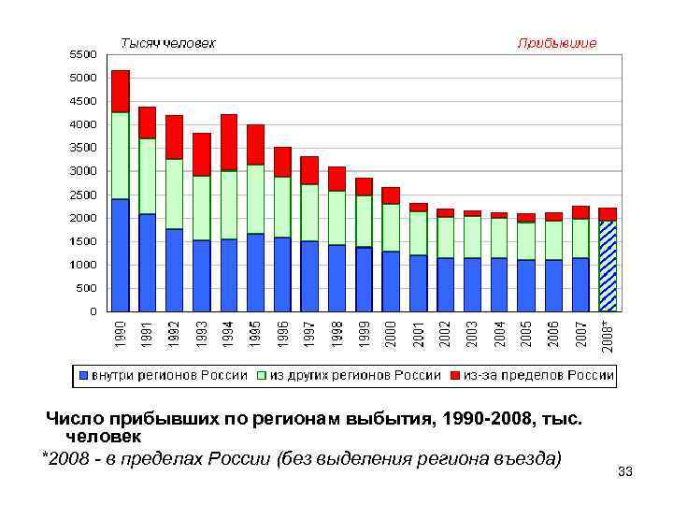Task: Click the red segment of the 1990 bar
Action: tap(120, 91)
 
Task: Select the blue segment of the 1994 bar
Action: tap(228, 274)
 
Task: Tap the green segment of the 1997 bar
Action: tap(309, 212)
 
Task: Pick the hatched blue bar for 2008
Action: tap(608, 265)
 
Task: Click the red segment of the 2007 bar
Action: tap(580, 212)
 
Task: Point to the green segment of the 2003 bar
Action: tap(472, 237)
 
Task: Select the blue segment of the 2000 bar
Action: tap(391, 281)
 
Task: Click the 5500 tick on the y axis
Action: tap(83, 54)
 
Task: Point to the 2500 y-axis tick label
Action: tap(83, 195)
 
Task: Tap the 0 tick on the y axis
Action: tap(93, 311)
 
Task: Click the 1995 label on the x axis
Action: tap(255, 333)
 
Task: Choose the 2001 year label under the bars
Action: tap(418, 333)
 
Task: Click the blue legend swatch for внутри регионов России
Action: tap(84, 376)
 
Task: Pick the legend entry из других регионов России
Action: tap(355, 375)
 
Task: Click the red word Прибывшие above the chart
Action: tap(557, 43)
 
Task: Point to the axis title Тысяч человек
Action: tap(167, 43)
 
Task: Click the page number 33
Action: tap(625, 471)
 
